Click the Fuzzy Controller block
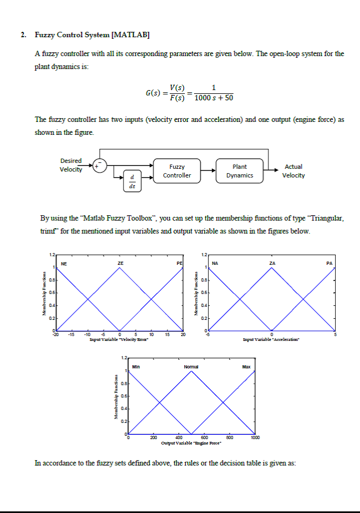(177, 171)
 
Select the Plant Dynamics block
(239, 171)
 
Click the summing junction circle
(100, 165)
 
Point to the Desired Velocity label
(71, 165)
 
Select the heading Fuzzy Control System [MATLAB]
(92, 35)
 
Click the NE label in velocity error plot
(64, 263)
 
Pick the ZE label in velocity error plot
(120, 263)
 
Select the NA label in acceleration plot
(215, 263)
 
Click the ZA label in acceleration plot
(272, 263)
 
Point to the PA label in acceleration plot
(330, 263)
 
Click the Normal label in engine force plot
(191, 367)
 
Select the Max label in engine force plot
(246, 367)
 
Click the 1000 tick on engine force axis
(254, 438)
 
